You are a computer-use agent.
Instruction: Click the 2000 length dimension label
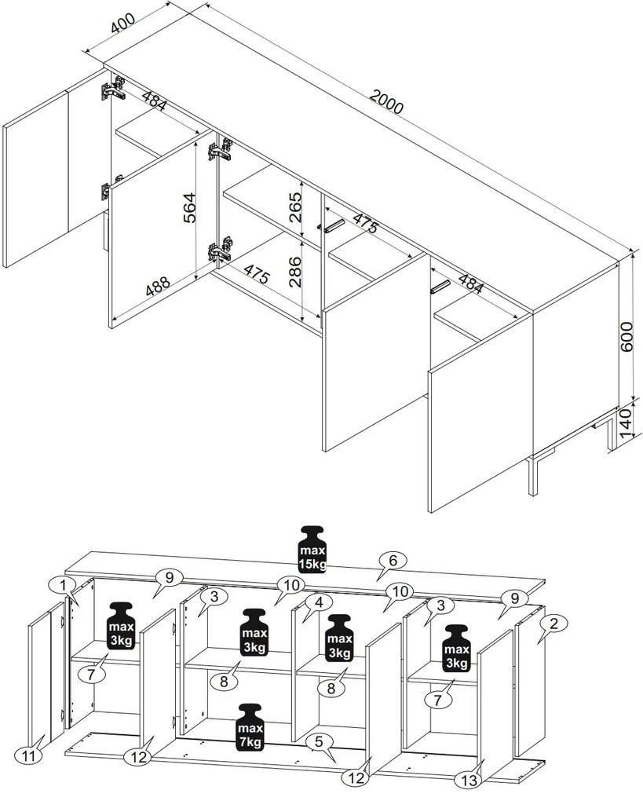pyautogui.click(x=386, y=101)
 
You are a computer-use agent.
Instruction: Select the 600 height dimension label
pyautogui.click(x=627, y=336)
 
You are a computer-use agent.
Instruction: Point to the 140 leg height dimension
pyautogui.click(x=627, y=423)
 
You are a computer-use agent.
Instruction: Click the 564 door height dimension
pyautogui.click(x=189, y=207)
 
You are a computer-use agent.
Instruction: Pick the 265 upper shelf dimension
pyautogui.click(x=295, y=207)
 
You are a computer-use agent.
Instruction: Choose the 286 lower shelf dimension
pyautogui.click(x=295, y=271)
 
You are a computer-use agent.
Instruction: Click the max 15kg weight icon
pyautogui.click(x=312, y=550)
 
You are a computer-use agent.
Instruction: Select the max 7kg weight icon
pyautogui.click(x=250, y=727)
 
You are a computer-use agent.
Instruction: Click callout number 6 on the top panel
pyautogui.click(x=393, y=561)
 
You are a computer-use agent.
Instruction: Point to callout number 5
pyautogui.click(x=320, y=742)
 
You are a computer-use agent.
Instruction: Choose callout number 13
pyautogui.click(x=469, y=780)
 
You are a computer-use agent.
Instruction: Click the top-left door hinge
pyautogui.click(x=111, y=89)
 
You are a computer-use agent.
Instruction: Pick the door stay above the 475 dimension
pyautogui.click(x=331, y=226)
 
